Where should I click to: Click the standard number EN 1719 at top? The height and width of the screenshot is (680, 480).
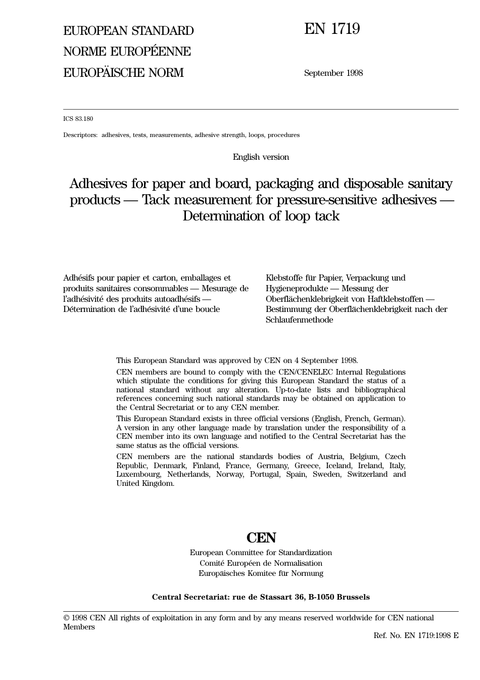tap(332, 29)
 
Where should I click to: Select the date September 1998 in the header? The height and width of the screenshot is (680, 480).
tap(333, 73)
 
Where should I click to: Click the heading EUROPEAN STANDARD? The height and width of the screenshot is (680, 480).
tap(128, 31)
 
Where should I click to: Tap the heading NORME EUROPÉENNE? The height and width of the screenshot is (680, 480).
tap(127, 52)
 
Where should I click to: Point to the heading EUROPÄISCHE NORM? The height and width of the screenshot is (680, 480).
tap(123, 73)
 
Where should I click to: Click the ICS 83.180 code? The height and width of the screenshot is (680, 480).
tap(78, 119)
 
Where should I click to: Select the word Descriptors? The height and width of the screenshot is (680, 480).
tap(80, 135)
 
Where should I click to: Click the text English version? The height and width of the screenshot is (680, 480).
tap(261, 157)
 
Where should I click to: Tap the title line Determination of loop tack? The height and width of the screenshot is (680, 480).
tap(261, 216)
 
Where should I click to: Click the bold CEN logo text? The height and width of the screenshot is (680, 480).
tap(261, 537)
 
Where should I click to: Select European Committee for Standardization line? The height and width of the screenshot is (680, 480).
tap(261, 553)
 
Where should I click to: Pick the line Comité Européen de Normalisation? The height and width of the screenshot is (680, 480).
tap(261, 563)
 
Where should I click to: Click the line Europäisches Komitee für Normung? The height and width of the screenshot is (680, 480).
tap(261, 573)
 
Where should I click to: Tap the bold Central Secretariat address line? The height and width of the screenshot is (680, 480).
tap(261, 597)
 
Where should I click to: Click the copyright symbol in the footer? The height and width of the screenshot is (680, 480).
tap(66, 618)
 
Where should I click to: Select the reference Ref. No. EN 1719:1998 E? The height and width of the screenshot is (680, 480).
tap(416, 636)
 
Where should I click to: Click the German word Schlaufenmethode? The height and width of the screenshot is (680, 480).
tap(299, 320)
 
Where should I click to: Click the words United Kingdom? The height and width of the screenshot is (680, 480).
tap(145, 483)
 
